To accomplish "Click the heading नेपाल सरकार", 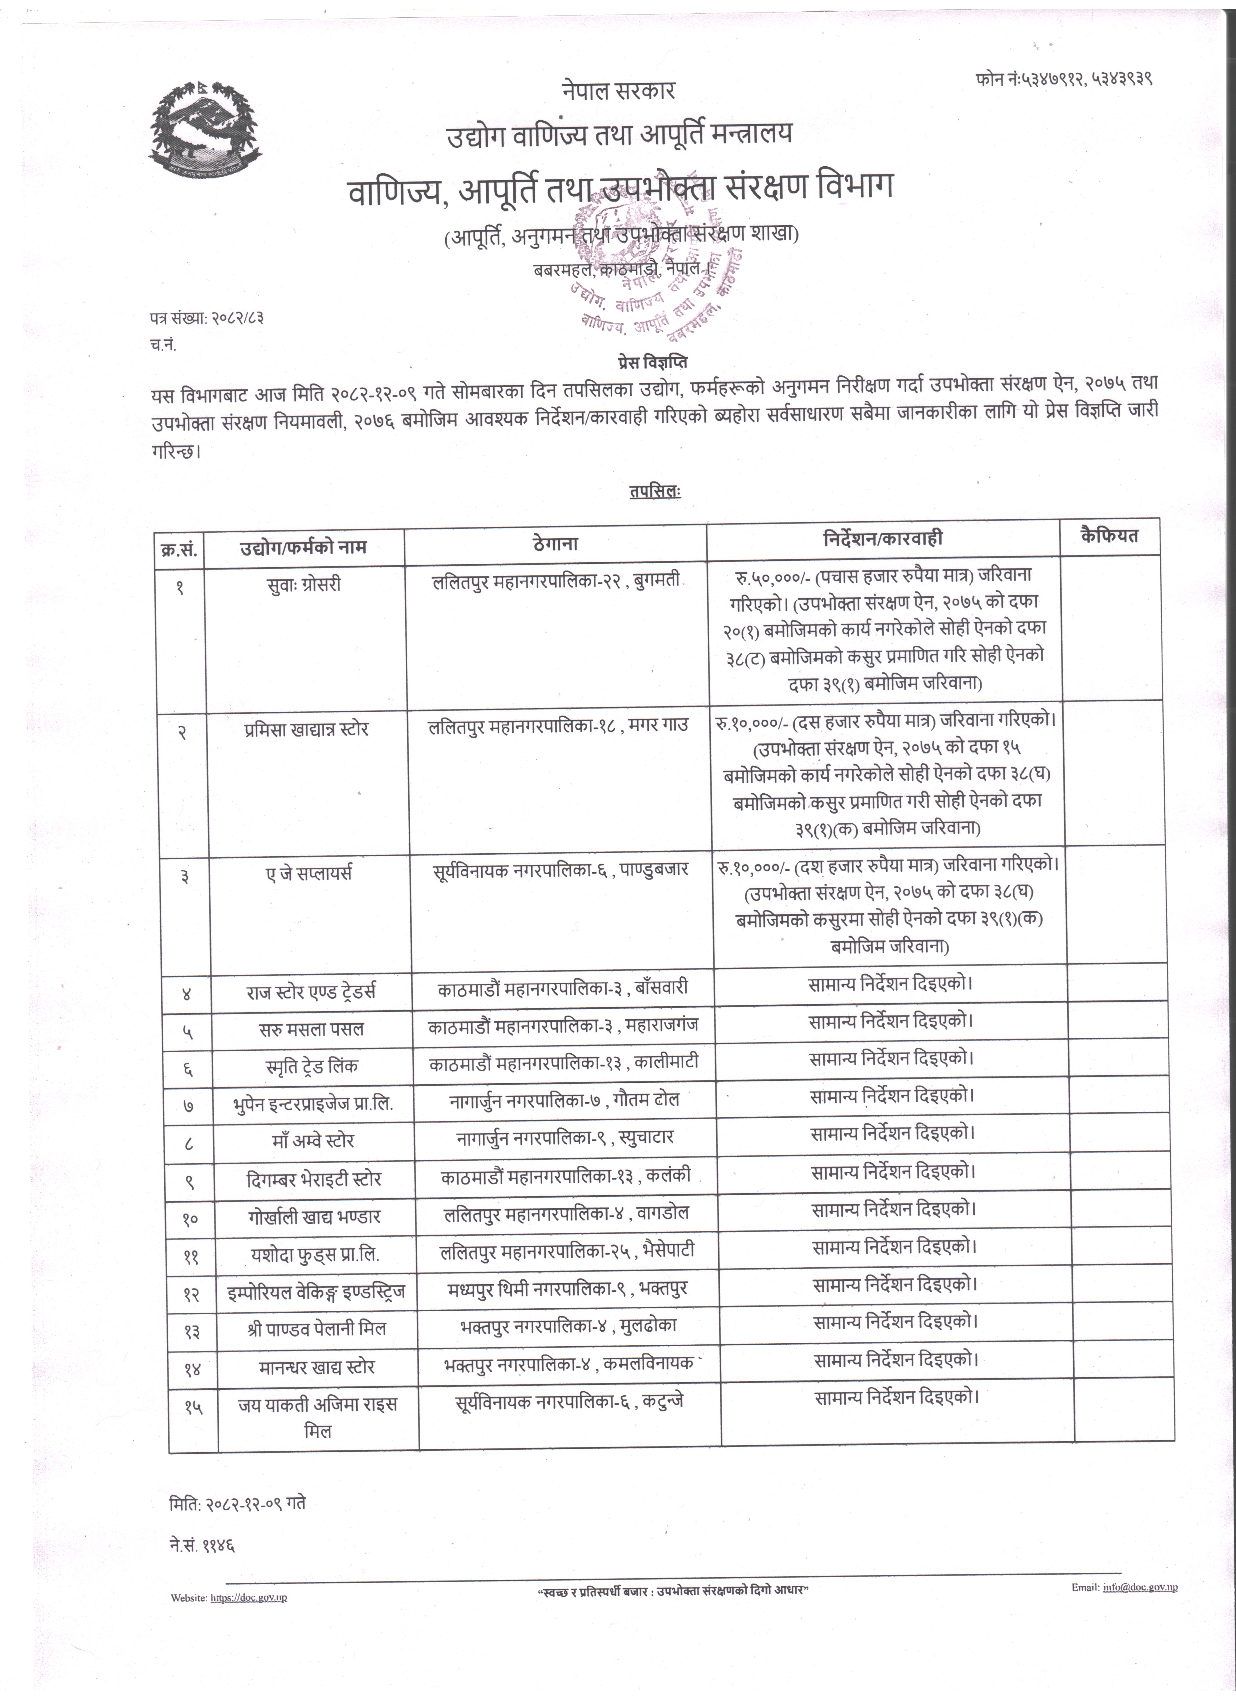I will pos(618,91).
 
